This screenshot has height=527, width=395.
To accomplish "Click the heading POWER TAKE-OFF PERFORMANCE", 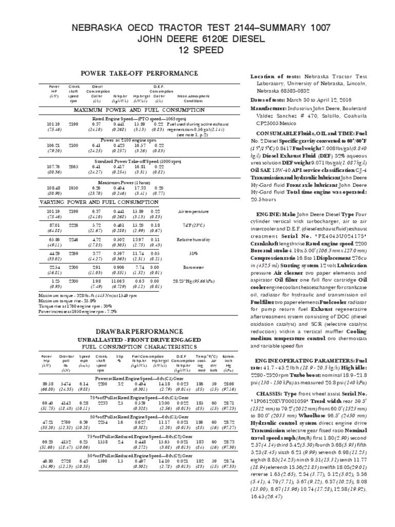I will click(139, 73).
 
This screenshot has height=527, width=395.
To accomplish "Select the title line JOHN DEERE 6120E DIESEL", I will click(197, 38).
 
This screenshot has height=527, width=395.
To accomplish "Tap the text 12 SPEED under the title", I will click(197, 50).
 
